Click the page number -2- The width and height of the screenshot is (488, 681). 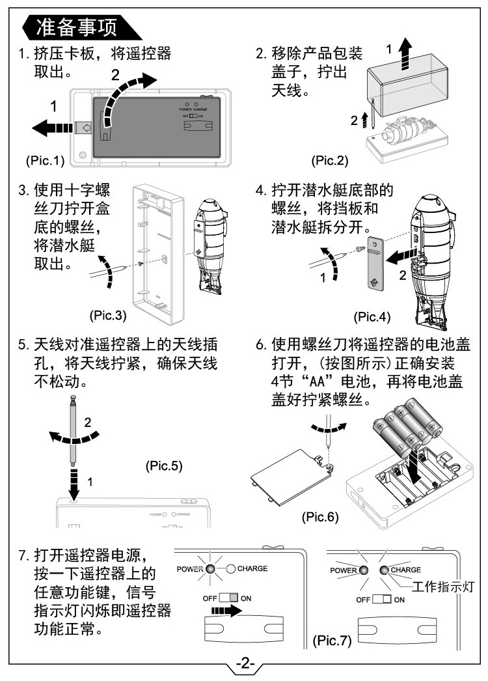[245, 664]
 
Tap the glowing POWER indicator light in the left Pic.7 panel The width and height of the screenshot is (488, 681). [210, 568]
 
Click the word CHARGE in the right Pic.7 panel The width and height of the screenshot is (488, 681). [405, 569]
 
